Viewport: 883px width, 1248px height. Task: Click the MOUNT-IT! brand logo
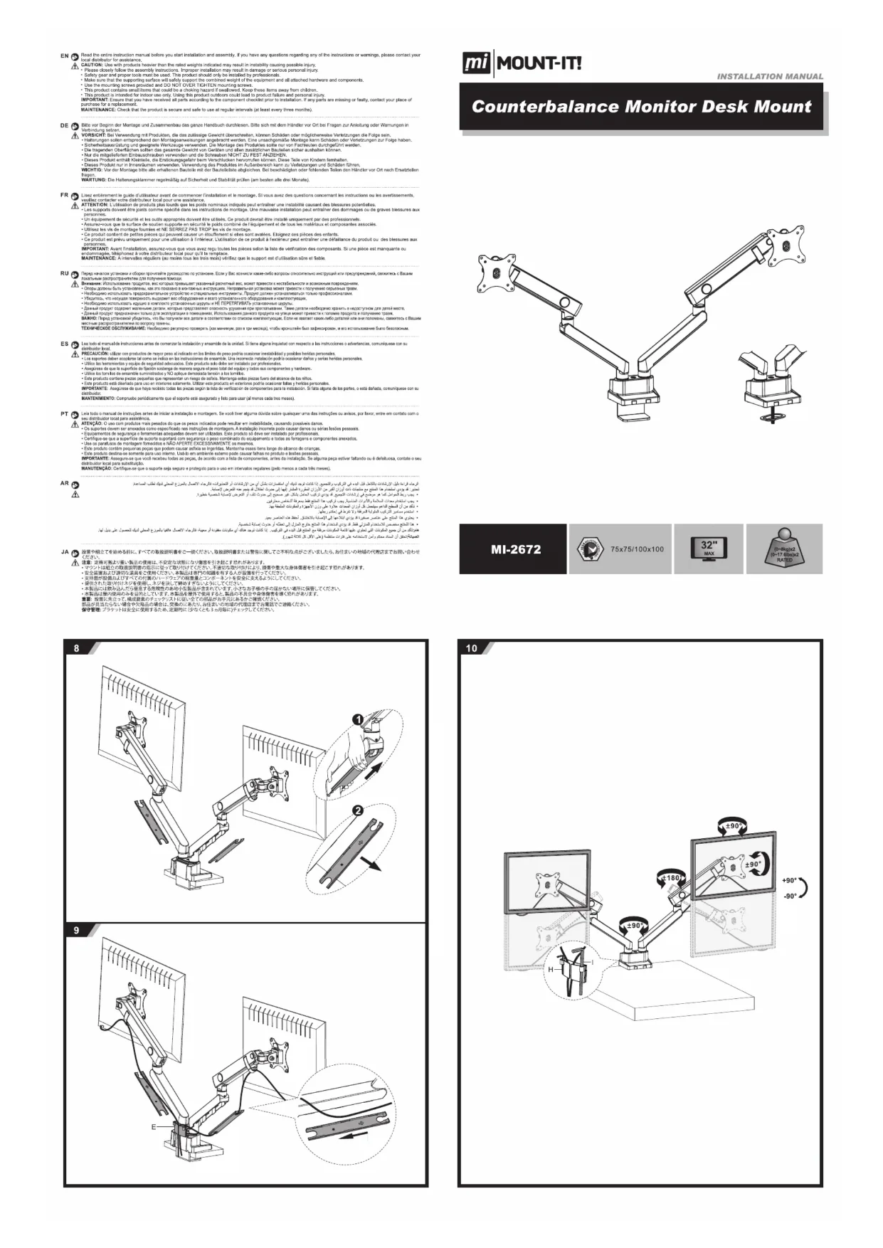(x=522, y=63)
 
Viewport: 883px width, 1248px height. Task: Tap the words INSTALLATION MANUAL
(x=770, y=76)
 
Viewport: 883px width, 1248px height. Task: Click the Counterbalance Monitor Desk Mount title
(x=641, y=107)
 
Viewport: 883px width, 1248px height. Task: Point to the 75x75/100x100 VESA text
(x=637, y=549)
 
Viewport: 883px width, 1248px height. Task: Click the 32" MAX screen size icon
(x=708, y=549)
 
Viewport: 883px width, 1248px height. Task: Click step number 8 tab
(x=77, y=648)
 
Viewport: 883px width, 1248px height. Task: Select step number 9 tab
(x=77, y=930)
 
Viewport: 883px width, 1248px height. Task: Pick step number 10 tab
(x=472, y=648)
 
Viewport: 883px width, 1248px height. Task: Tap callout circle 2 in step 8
(x=358, y=810)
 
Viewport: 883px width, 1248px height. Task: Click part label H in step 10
(x=550, y=970)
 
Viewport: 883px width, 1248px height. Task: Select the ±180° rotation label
(x=671, y=878)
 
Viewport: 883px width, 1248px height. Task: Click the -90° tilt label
(x=789, y=896)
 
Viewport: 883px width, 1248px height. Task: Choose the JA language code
(x=65, y=551)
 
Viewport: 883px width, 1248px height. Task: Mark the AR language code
(x=65, y=483)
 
